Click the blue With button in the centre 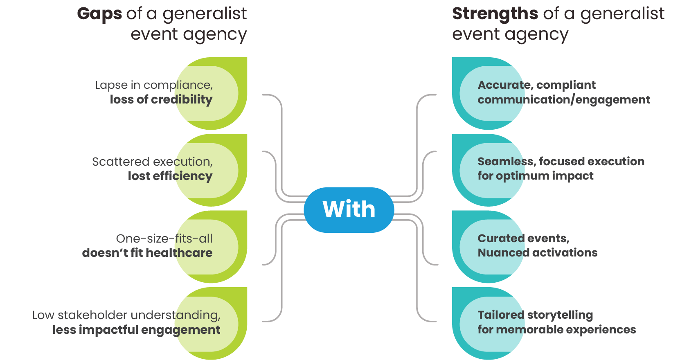point(349,209)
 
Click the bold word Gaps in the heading point(99,14)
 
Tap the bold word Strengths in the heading point(495,14)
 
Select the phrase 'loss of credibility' point(161,99)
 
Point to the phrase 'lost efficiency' point(170,176)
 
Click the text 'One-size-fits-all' point(164,239)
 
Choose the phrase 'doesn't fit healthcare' point(147,253)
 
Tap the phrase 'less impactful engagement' point(136,330)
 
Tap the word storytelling point(560,315)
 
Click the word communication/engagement point(564,100)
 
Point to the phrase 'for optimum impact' point(536,176)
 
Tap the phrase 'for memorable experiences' point(557,330)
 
